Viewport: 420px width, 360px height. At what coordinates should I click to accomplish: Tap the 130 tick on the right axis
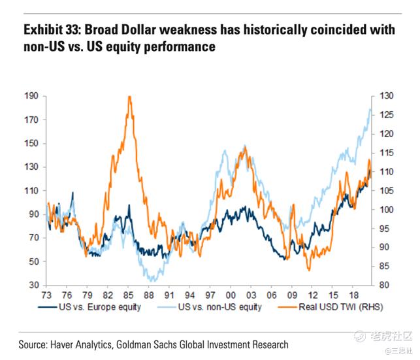click(385, 96)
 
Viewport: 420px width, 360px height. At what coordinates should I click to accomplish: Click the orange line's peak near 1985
click(130, 97)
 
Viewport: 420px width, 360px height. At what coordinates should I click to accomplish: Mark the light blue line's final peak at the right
click(370, 109)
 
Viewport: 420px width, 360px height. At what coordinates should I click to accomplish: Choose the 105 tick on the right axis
click(385, 191)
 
